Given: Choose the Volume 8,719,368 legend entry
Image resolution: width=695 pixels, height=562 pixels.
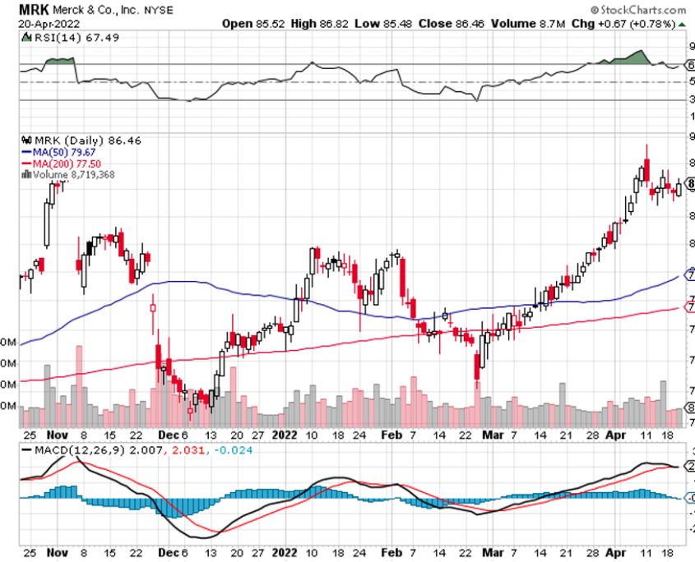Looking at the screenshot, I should (x=74, y=173).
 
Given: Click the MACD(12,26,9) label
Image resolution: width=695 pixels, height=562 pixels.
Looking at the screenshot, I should (x=69, y=451).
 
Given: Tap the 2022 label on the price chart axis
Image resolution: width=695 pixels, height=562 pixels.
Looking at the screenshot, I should (x=285, y=435).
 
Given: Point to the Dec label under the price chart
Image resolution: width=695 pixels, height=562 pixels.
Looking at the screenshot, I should (x=167, y=435).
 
